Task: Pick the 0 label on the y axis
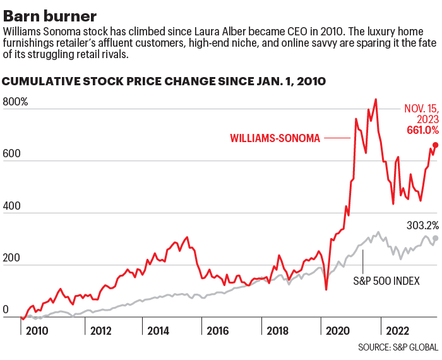tap(6, 310)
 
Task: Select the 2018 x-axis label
tap(278, 330)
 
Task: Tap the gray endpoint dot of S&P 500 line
tap(435, 238)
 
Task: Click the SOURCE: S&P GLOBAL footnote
tap(398, 348)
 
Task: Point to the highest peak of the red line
tap(376, 99)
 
